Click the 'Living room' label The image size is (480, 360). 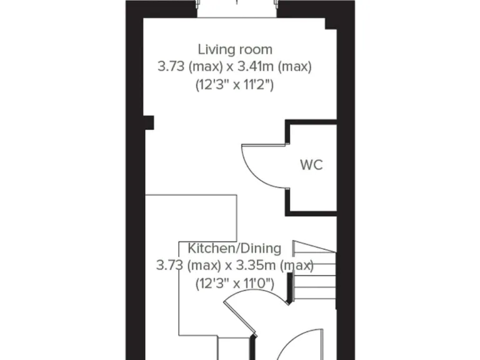(x=235, y=49)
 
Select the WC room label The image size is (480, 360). (x=311, y=166)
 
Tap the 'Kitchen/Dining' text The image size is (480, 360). (x=234, y=248)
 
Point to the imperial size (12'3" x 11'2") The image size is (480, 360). (x=235, y=84)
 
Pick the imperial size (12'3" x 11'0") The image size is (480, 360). (x=235, y=282)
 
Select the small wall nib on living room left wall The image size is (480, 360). (x=149, y=122)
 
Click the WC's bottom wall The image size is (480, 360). (x=311, y=211)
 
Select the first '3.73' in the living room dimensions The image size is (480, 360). (x=171, y=66)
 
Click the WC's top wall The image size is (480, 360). (x=311, y=122)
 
